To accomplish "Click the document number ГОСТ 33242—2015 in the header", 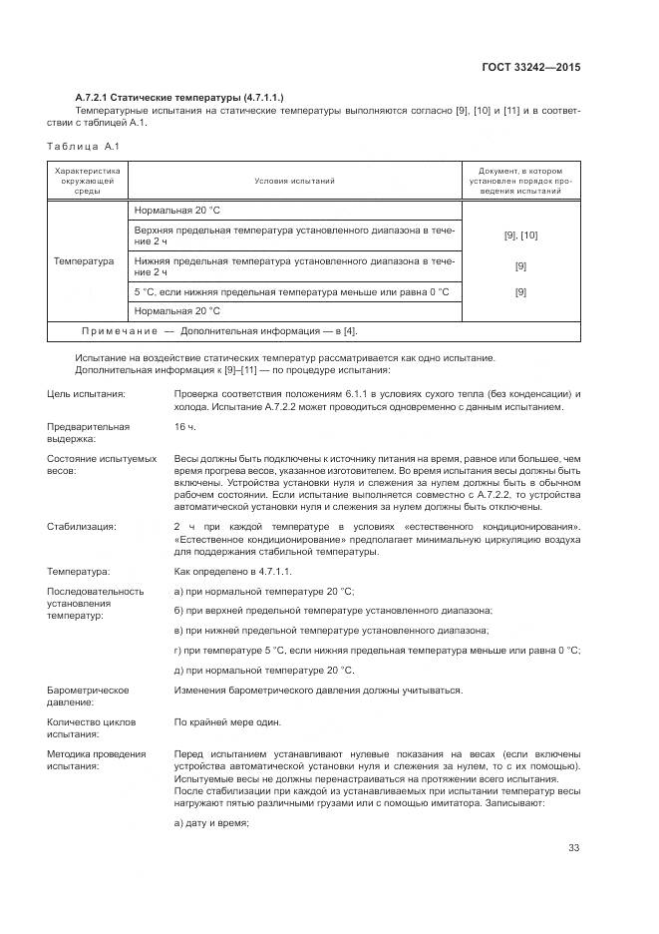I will point(530,68).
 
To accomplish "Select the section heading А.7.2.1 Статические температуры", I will point(179,97).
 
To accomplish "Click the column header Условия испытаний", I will point(294,182).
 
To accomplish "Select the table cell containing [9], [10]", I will point(520,235).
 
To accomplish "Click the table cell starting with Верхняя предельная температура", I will point(294,235).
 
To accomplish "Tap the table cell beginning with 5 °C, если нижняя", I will point(291,291).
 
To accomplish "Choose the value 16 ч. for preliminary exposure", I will point(185,426).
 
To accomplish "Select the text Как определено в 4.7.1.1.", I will point(232,571).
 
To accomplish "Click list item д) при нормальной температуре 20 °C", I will point(264,669).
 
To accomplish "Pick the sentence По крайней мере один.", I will point(227,721).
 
